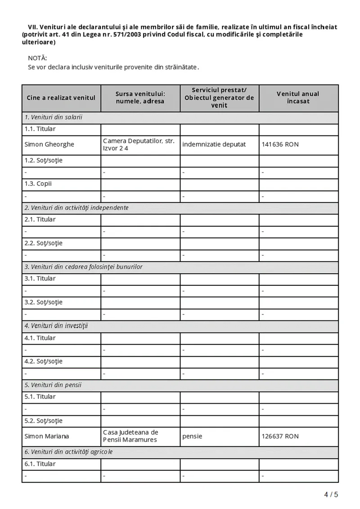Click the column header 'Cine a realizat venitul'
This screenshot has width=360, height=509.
pyautogui.click(x=61, y=98)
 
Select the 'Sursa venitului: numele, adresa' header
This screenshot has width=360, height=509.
pyautogui.click(x=140, y=98)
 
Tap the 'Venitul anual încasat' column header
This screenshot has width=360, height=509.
pyautogui.click(x=298, y=98)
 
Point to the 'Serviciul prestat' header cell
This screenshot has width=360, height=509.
pyautogui.click(x=219, y=98)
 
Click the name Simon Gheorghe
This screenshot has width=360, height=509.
pyautogui.click(x=49, y=144)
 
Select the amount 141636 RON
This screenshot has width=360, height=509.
pyautogui.click(x=280, y=144)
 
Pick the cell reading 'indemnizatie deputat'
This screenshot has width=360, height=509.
pyautogui.click(x=214, y=144)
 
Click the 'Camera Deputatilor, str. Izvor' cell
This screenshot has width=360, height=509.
pyautogui.click(x=139, y=144)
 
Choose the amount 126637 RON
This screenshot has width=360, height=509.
pyautogui.click(x=280, y=436)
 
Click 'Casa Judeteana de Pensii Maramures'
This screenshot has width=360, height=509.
pyautogui.click(x=130, y=436)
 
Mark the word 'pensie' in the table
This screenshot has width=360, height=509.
pyautogui.click(x=192, y=436)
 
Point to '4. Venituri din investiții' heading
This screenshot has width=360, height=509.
pyautogui.click(x=56, y=325)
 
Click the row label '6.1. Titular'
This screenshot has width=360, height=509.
pyautogui.click(x=40, y=464)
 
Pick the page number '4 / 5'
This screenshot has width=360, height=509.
pyautogui.click(x=331, y=495)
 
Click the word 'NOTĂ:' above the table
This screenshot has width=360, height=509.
pyautogui.click(x=37, y=58)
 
